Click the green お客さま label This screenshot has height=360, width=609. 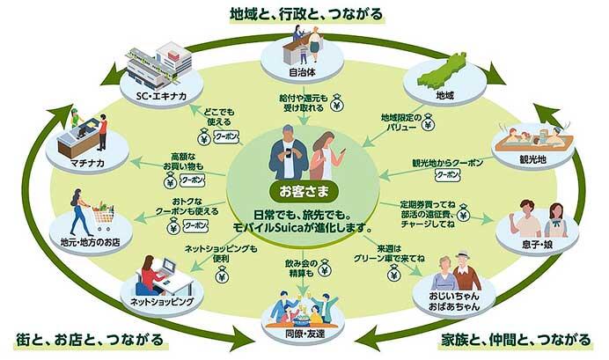pyautogui.click(x=303, y=190)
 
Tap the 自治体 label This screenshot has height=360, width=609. pyautogui.click(x=304, y=73)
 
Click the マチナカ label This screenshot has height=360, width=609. pyautogui.click(x=80, y=163)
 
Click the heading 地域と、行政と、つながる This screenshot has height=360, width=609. pyautogui.click(x=304, y=12)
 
